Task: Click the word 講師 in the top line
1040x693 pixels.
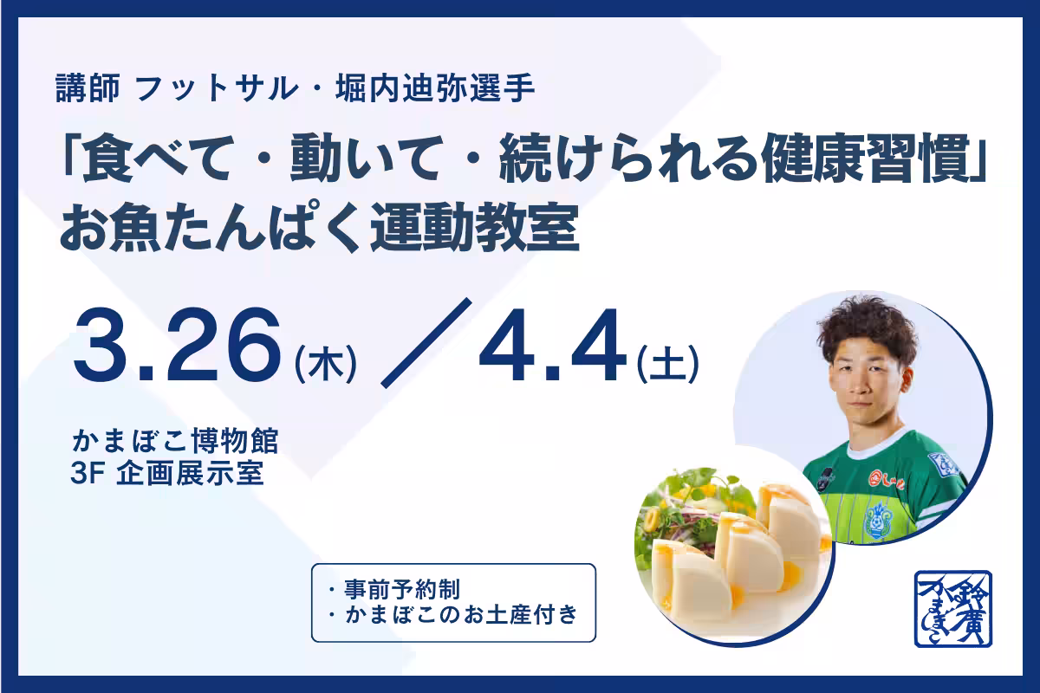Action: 90,88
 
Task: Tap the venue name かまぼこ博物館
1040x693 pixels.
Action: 177,443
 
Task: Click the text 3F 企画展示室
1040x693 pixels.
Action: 170,475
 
